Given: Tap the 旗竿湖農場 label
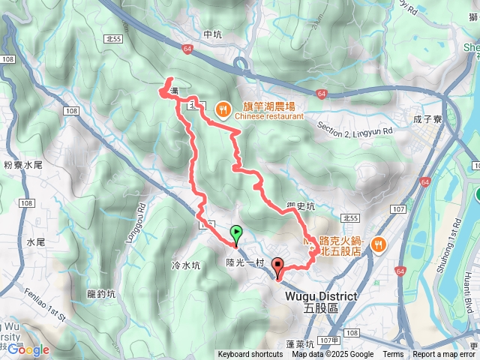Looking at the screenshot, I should (x=268, y=106).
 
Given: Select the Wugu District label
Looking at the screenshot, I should (x=322, y=297).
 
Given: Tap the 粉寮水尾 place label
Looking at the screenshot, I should (x=22, y=164).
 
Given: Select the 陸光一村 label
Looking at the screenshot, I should (x=246, y=262).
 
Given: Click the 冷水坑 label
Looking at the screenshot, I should (x=186, y=265).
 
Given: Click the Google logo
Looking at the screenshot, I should (x=28, y=349).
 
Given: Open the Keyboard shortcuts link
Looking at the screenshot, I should (x=250, y=355).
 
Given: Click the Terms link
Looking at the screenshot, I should (x=393, y=355).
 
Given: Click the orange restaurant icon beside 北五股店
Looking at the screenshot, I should (x=379, y=243).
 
